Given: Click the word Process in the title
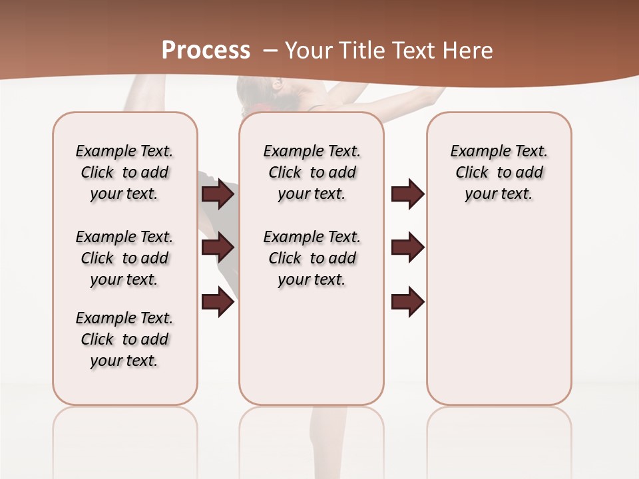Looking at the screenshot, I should tap(206, 50).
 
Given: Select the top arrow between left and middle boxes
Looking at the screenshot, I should tap(218, 194).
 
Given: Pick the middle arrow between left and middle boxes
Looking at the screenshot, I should tap(218, 247).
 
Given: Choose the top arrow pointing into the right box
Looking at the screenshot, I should tap(407, 194).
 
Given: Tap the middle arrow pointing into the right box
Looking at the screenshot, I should tap(407, 247).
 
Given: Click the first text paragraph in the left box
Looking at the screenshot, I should tap(124, 172).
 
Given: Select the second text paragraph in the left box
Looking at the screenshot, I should tap(124, 258).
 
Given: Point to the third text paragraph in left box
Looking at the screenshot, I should tap(124, 339).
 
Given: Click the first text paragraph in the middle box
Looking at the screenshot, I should tap(312, 172).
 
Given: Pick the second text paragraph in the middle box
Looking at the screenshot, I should tap(312, 258).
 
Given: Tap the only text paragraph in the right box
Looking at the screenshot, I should tap(499, 172).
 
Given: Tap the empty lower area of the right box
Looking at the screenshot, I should tap(499, 333).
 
